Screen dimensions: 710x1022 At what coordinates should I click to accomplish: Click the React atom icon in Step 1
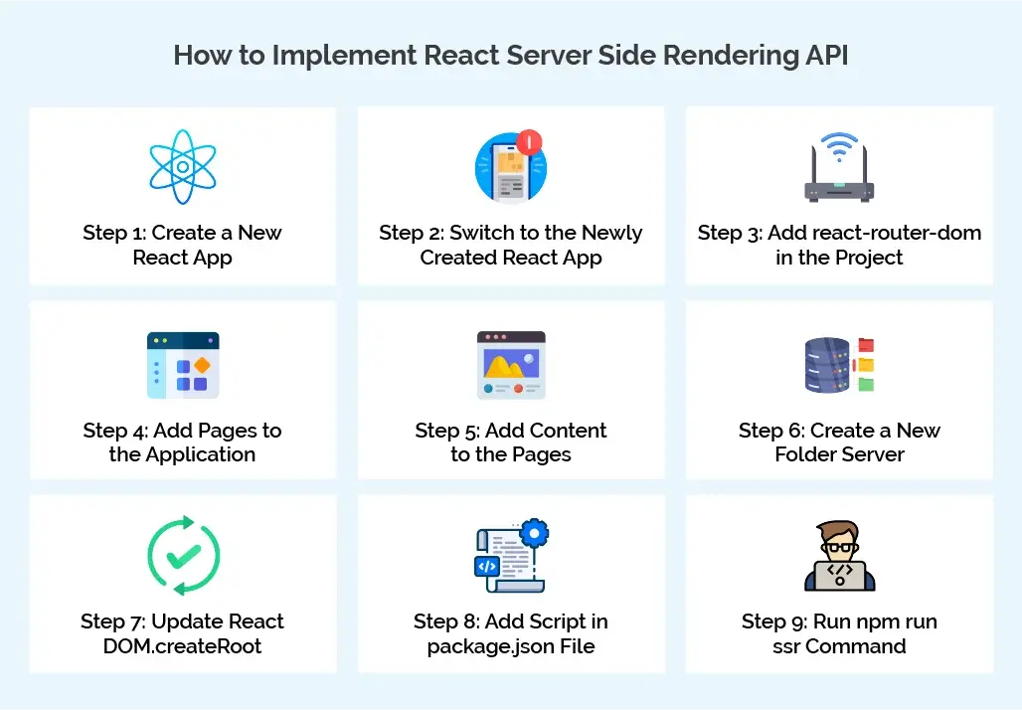(x=183, y=166)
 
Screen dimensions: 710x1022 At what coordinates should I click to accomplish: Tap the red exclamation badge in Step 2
(x=530, y=142)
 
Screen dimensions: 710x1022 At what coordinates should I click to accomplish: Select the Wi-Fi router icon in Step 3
(x=838, y=168)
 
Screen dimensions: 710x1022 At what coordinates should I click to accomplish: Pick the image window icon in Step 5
(x=511, y=365)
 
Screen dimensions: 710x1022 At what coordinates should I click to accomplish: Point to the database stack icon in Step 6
(x=827, y=365)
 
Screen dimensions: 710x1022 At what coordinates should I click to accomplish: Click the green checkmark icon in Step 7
(x=183, y=557)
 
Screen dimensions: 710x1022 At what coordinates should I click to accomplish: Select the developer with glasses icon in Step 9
(x=839, y=557)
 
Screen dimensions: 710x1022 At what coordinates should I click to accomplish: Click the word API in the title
(x=824, y=55)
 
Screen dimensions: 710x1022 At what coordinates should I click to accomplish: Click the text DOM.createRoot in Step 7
(x=183, y=646)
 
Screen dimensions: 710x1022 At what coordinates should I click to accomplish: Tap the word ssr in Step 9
(x=788, y=646)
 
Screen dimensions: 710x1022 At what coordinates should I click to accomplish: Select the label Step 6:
(x=770, y=431)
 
